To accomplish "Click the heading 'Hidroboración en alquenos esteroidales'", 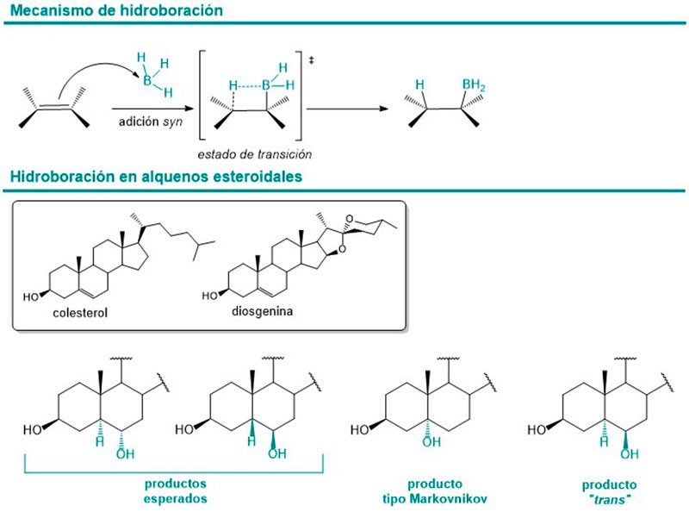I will [x=153, y=178].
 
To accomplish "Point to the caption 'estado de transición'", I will [x=253, y=154].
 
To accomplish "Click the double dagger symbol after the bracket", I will [x=310, y=59].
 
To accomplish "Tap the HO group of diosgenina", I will [x=211, y=295].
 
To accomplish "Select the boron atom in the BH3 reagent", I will [x=147, y=81].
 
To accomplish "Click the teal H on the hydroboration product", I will [x=420, y=84].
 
